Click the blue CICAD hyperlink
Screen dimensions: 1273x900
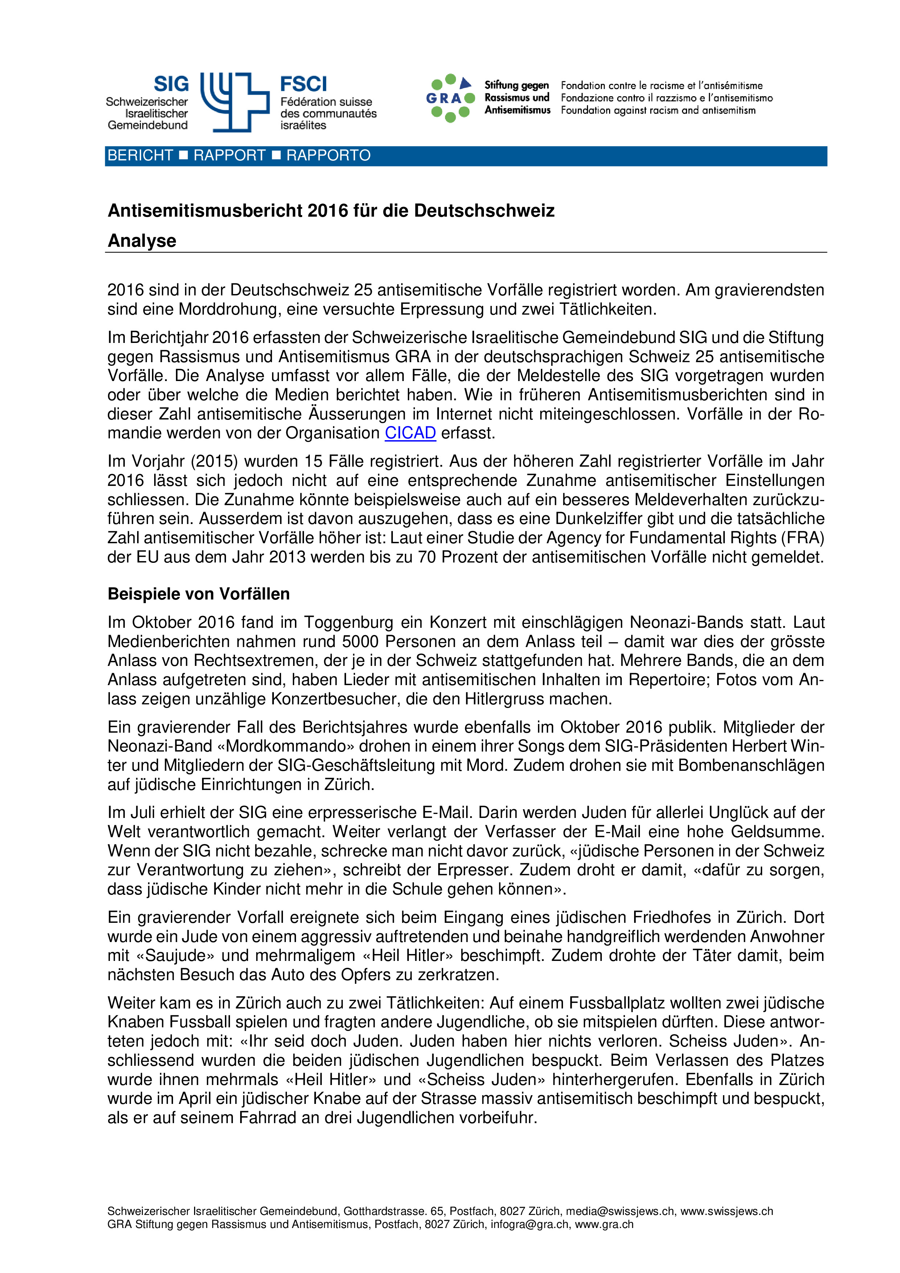pyautogui.click(x=410, y=433)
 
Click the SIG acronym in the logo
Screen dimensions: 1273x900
pyautogui.click(x=171, y=84)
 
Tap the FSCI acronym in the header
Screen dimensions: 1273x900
pyautogui.click(x=303, y=84)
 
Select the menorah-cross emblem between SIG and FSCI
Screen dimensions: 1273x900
pyautogui.click(x=234, y=102)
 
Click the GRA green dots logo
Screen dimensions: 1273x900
pyautogui.click(x=450, y=98)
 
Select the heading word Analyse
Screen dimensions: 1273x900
pyautogui.click(x=142, y=241)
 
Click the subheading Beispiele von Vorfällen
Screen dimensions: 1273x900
pyautogui.click(x=198, y=594)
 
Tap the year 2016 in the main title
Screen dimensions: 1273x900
pyautogui.click(x=320, y=211)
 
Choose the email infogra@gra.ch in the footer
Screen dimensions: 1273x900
pyautogui.click(x=529, y=1224)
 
